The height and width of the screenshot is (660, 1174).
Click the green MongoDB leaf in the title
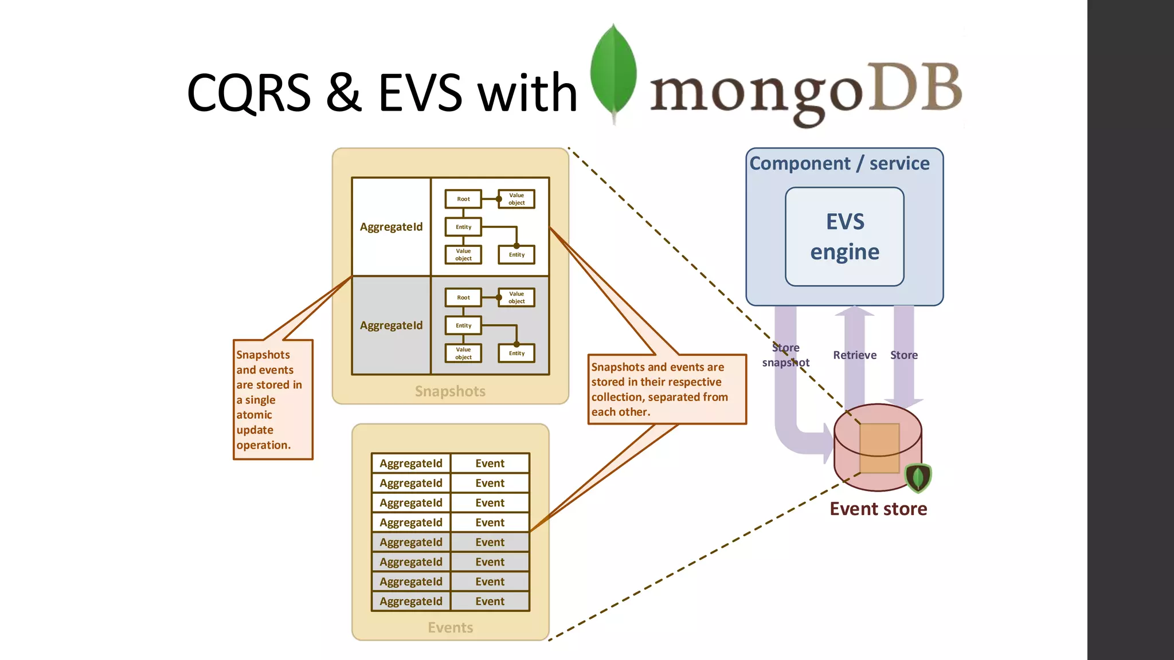pyautogui.click(x=613, y=72)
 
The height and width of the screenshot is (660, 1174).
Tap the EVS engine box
pyautogui.click(x=844, y=237)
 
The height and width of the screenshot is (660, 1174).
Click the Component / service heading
pyautogui.click(x=839, y=163)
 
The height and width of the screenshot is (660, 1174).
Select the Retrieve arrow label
pyautogui.click(x=854, y=355)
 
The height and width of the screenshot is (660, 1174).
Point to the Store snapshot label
pyautogui.click(x=785, y=355)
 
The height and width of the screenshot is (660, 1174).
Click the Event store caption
pyautogui.click(x=878, y=509)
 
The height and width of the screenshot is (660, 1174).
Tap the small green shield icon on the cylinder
pyautogui.click(x=918, y=477)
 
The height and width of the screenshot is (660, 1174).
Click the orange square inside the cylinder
pyautogui.click(x=879, y=448)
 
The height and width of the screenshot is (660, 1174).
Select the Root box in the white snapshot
pyautogui.click(x=463, y=199)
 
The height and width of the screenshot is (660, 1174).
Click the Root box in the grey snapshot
pyautogui.click(x=463, y=297)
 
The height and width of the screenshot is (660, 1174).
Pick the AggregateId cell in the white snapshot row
pyautogui.click(x=391, y=227)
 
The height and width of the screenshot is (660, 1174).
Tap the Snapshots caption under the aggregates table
pyautogui.click(x=450, y=391)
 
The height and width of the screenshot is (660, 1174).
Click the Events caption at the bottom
pyautogui.click(x=450, y=628)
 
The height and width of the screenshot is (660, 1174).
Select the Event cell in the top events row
pyautogui.click(x=490, y=463)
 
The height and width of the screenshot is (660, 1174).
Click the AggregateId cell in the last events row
pyautogui.click(x=410, y=602)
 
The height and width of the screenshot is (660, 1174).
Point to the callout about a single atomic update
pyautogui.click(x=273, y=400)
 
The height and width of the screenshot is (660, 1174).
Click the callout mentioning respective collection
pyautogui.click(x=667, y=390)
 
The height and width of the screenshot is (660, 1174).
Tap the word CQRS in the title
pyautogui.click(x=248, y=93)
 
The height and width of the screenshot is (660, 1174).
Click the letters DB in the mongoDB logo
pyautogui.click(x=915, y=87)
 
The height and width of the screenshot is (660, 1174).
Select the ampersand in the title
pyautogui.click(x=344, y=93)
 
